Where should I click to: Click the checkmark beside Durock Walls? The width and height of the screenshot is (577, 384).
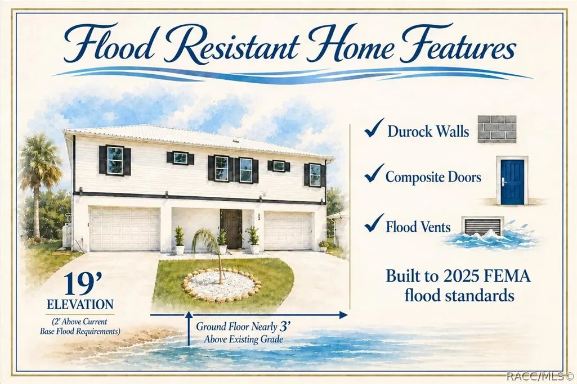pos(374,128)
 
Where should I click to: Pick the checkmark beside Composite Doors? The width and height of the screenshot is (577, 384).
pos(374,173)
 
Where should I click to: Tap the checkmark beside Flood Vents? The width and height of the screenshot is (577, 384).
pos(374,223)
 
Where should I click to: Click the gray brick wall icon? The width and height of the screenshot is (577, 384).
pos(497,129)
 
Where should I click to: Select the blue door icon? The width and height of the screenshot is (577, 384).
pos(512,182)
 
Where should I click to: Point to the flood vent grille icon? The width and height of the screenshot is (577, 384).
pos(483,227)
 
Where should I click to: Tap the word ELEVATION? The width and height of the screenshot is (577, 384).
pos(80,305)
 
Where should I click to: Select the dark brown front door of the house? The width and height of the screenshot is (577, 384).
pos(231,229)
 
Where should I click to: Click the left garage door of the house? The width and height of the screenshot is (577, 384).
pos(125,229)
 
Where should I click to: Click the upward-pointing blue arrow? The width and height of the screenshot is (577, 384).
pos(189,328)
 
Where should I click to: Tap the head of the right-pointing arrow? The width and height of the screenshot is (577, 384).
pos(343,315)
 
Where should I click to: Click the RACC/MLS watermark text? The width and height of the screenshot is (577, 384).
pos(539,376)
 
